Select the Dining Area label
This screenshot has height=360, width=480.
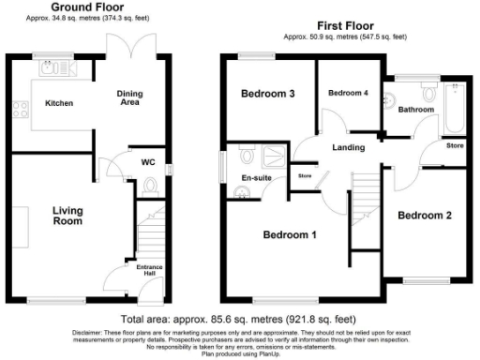click(x=130, y=98)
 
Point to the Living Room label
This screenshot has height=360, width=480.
click(x=67, y=217)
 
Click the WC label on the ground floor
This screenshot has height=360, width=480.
click(x=146, y=161)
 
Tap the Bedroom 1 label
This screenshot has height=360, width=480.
click(x=289, y=233)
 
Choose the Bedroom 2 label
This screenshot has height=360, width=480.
click(x=425, y=215)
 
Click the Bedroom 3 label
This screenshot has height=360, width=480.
click(x=268, y=94)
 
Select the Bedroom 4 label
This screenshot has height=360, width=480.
click(x=347, y=94)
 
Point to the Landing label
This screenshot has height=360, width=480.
click(x=347, y=147)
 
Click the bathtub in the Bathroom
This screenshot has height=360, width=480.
click(x=457, y=105)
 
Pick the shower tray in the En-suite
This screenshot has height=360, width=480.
click(x=278, y=153)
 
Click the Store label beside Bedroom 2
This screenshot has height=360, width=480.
click(x=454, y=146)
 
